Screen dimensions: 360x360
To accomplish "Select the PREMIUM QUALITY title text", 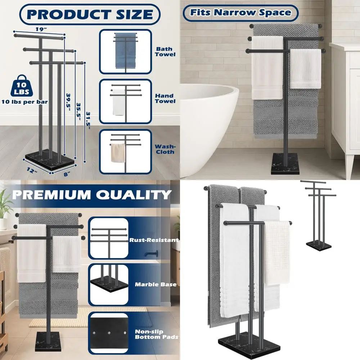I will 91,195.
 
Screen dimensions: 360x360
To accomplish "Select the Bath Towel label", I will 165,51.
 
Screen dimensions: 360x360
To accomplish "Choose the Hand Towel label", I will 165,98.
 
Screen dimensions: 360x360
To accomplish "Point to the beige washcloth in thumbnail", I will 117,152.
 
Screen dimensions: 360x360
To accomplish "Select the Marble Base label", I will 156,284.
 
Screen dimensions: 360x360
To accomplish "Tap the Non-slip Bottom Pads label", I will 157,334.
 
